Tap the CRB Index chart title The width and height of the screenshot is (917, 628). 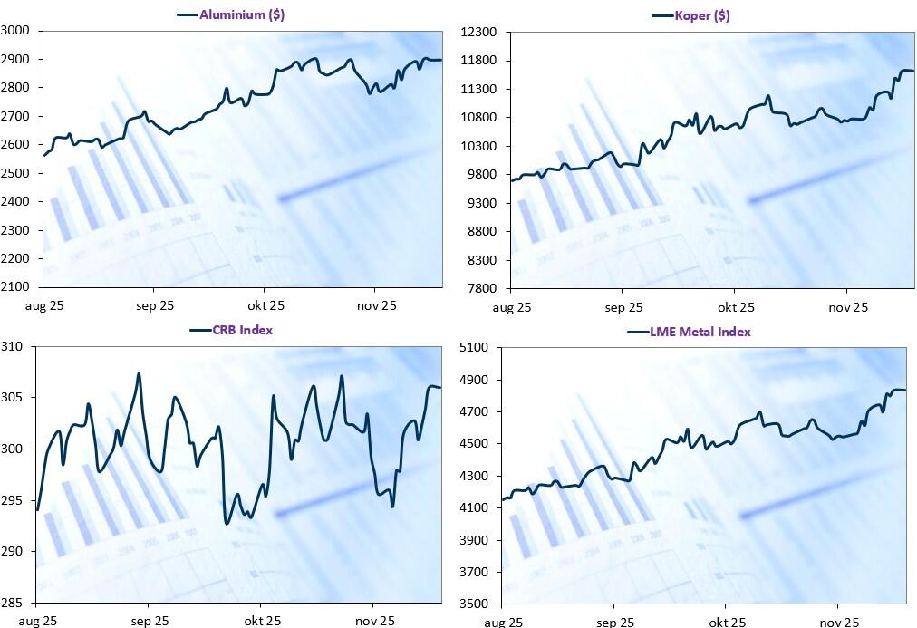click(243, 330)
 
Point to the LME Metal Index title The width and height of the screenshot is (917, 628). click(700, 332)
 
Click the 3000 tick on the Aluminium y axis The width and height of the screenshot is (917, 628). click(16, 31)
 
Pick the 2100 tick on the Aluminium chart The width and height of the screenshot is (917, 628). click(16, 287)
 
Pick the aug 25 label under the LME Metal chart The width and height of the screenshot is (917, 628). click(503, 623)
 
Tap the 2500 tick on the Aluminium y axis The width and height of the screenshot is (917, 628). click(16, 173)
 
